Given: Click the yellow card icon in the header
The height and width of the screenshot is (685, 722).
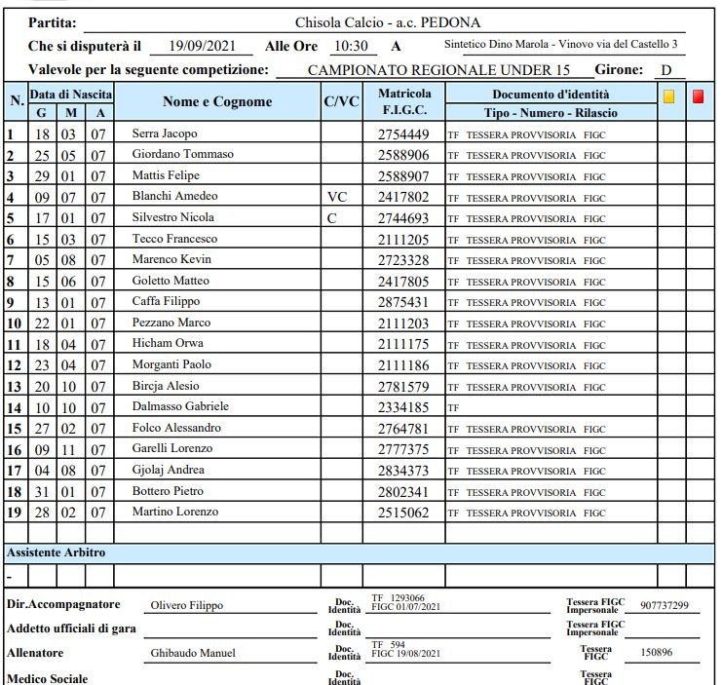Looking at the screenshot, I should point(668,96).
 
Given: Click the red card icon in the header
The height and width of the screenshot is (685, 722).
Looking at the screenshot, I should point(699,96).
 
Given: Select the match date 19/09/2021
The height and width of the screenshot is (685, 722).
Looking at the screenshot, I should point(204,46).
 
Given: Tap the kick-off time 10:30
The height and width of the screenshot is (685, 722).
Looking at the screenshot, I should point(350,46).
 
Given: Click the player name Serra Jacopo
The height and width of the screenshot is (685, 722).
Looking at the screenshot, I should point(164,133).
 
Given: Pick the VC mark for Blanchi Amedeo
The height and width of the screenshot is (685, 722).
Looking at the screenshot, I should point(337,197).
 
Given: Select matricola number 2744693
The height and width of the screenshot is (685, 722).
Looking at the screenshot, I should point(402,218).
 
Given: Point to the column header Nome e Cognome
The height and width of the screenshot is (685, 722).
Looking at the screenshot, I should point(217,102).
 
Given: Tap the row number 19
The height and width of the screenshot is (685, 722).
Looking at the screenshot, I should point(15,513).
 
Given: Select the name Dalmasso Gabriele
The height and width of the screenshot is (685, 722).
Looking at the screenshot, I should point(180,406).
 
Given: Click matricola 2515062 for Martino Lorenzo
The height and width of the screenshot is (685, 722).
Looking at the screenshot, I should point(402,513).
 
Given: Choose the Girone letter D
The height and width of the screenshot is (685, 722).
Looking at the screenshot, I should point(665,70).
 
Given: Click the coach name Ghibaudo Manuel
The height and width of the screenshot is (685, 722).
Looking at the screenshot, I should point(193,653).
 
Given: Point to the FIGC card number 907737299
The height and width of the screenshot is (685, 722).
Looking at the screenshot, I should point(664,606).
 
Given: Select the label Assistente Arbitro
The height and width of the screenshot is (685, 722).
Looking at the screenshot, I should point(57,552).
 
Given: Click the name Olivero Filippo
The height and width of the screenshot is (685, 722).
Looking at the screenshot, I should point(186,606).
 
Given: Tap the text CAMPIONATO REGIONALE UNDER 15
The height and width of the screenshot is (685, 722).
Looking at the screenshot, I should point(438,70).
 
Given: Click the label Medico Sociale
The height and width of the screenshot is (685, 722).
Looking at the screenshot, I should point(47,678).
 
